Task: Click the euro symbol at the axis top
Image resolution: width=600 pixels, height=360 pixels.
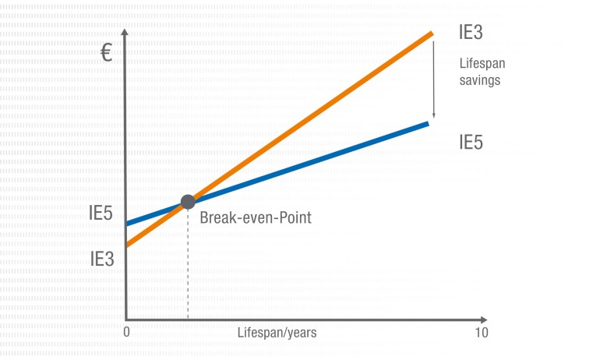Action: point(108,54)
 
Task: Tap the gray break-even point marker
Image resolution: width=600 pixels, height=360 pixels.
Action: point(188,202)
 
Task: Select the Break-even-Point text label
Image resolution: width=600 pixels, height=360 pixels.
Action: point(256,217)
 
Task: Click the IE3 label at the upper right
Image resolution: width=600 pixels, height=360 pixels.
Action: point(471,34)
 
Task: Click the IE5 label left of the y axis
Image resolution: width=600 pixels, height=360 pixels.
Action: point(102,213)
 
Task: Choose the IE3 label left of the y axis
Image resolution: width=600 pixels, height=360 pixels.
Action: point(102,258)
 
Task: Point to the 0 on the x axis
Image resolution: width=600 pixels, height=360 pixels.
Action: point(126,333)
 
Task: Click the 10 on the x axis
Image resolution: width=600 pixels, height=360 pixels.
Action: point(482,333)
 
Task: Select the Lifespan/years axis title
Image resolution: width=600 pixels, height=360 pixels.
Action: point(277,333)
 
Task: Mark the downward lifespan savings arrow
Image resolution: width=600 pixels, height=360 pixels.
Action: point(434,78)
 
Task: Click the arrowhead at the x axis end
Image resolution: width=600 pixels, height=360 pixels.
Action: point(484,320)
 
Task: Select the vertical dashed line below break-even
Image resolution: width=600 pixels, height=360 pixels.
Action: point(188,265)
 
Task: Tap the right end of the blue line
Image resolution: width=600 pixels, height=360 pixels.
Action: point(427,123)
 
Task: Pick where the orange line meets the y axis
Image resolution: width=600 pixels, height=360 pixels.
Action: point(127,245)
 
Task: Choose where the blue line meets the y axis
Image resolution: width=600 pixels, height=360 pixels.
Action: point(127,224)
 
